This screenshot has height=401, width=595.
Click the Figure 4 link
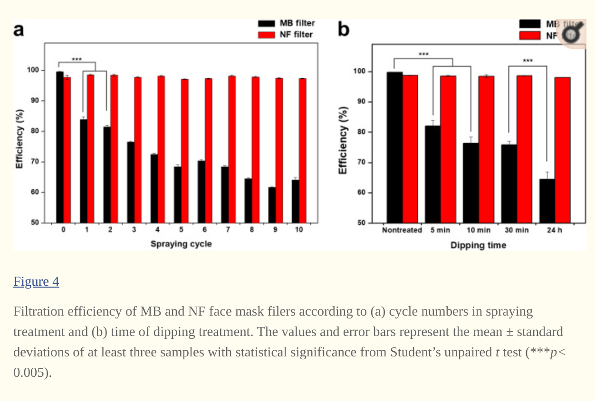(x=36, y=281)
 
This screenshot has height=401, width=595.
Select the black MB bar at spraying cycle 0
(x=60, y=147)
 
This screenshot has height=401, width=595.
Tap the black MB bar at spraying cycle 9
(x=272, y=205)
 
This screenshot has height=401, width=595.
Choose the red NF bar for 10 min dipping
(x=486, y=149)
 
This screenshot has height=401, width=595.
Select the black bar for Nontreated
(x=394, y=147)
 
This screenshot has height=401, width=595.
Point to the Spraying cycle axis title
(x=181, y=244)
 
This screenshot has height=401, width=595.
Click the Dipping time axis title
(x=478, y=245)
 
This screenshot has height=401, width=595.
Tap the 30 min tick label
(x=517, y=230)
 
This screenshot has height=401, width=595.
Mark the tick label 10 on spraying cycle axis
(x=298, y=230)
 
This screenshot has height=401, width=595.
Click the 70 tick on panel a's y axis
(x=36, y=162)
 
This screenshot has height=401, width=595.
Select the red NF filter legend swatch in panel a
(x=266, y=35)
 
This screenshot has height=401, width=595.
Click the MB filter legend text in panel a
(x=297, y=23)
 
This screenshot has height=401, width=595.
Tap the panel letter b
(x=343, y=29)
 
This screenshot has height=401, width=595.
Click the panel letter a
(x=19, y=29)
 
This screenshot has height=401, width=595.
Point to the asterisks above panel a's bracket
(x=77, y=59)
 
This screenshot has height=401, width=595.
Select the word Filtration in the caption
(x=38, y=311)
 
